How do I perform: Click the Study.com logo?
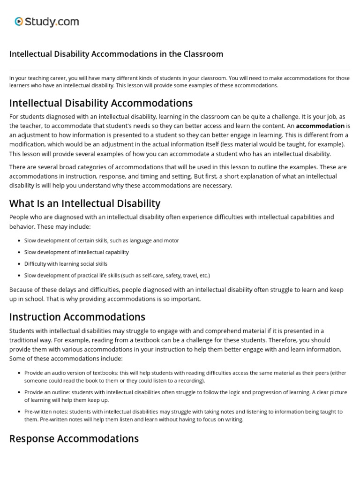(46, 22)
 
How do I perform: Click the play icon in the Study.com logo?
(19, 21)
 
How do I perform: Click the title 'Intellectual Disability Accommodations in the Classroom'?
(116, 54)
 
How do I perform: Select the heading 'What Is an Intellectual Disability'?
(85, 203)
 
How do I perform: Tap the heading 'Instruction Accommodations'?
(77, 316)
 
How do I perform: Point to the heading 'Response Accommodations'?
(74, 438)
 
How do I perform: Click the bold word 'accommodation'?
(320, 126)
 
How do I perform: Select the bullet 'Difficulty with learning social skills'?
(66, 264)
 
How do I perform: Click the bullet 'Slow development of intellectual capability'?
(76, 252)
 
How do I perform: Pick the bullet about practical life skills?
(117, 276)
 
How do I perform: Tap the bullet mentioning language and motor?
(101, 240)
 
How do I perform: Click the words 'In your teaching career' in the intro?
(37, 78)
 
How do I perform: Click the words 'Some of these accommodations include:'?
(66, 359)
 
